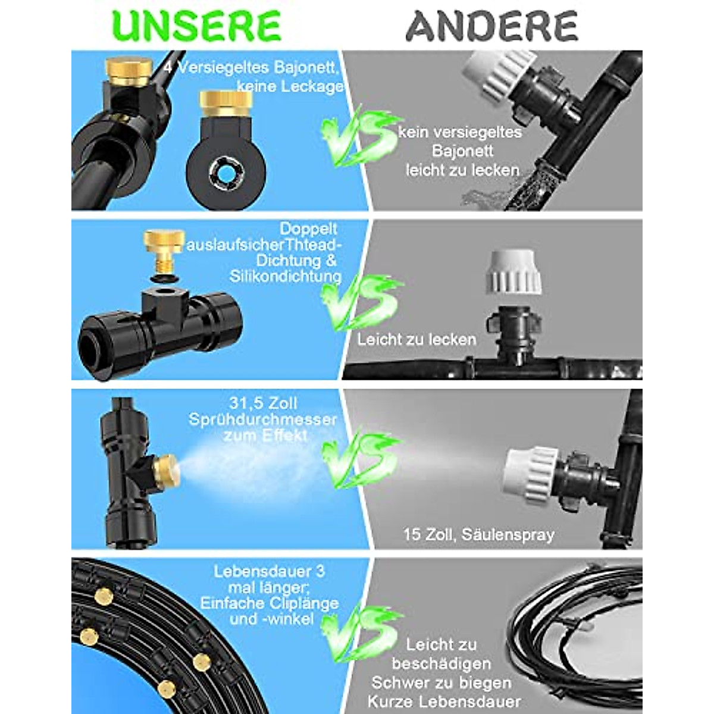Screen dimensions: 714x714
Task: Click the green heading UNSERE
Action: click(x=196, y=26)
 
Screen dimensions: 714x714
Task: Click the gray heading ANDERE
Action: click(x=491, y=26)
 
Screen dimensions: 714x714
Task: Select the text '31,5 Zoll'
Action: click(x=262, y=403)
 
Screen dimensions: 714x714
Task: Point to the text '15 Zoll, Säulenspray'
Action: click(x=478, y=534)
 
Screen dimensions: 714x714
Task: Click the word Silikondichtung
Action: click(x=285, y=276)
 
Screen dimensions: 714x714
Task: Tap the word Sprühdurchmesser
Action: click(x=262, y=419)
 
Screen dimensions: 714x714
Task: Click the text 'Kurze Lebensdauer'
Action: click(x=444, y=702)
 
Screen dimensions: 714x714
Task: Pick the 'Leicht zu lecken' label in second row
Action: click(x=416, y=340)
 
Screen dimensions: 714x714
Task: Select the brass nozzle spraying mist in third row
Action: click(x=164, y=470)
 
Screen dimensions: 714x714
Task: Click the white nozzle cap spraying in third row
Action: click(x=530, y=473)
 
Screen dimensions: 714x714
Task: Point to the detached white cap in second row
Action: click(x=515, y=273)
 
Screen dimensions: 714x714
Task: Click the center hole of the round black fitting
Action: click(x=226, y=173)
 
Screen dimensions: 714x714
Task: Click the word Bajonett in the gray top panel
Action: click(x=462, y=151)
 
